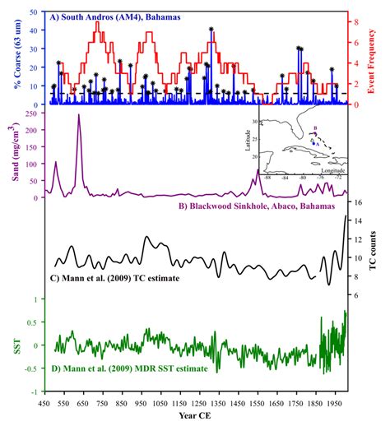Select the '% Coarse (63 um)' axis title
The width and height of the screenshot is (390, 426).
(x=10, y=58)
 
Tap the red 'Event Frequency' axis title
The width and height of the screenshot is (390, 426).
(x=380, y=58)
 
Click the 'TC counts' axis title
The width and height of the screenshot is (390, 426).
(x=380, y=251)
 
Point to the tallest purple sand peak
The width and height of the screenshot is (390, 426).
(x=79, y=115)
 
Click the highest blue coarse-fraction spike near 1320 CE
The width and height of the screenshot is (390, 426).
(x=211, y=30)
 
